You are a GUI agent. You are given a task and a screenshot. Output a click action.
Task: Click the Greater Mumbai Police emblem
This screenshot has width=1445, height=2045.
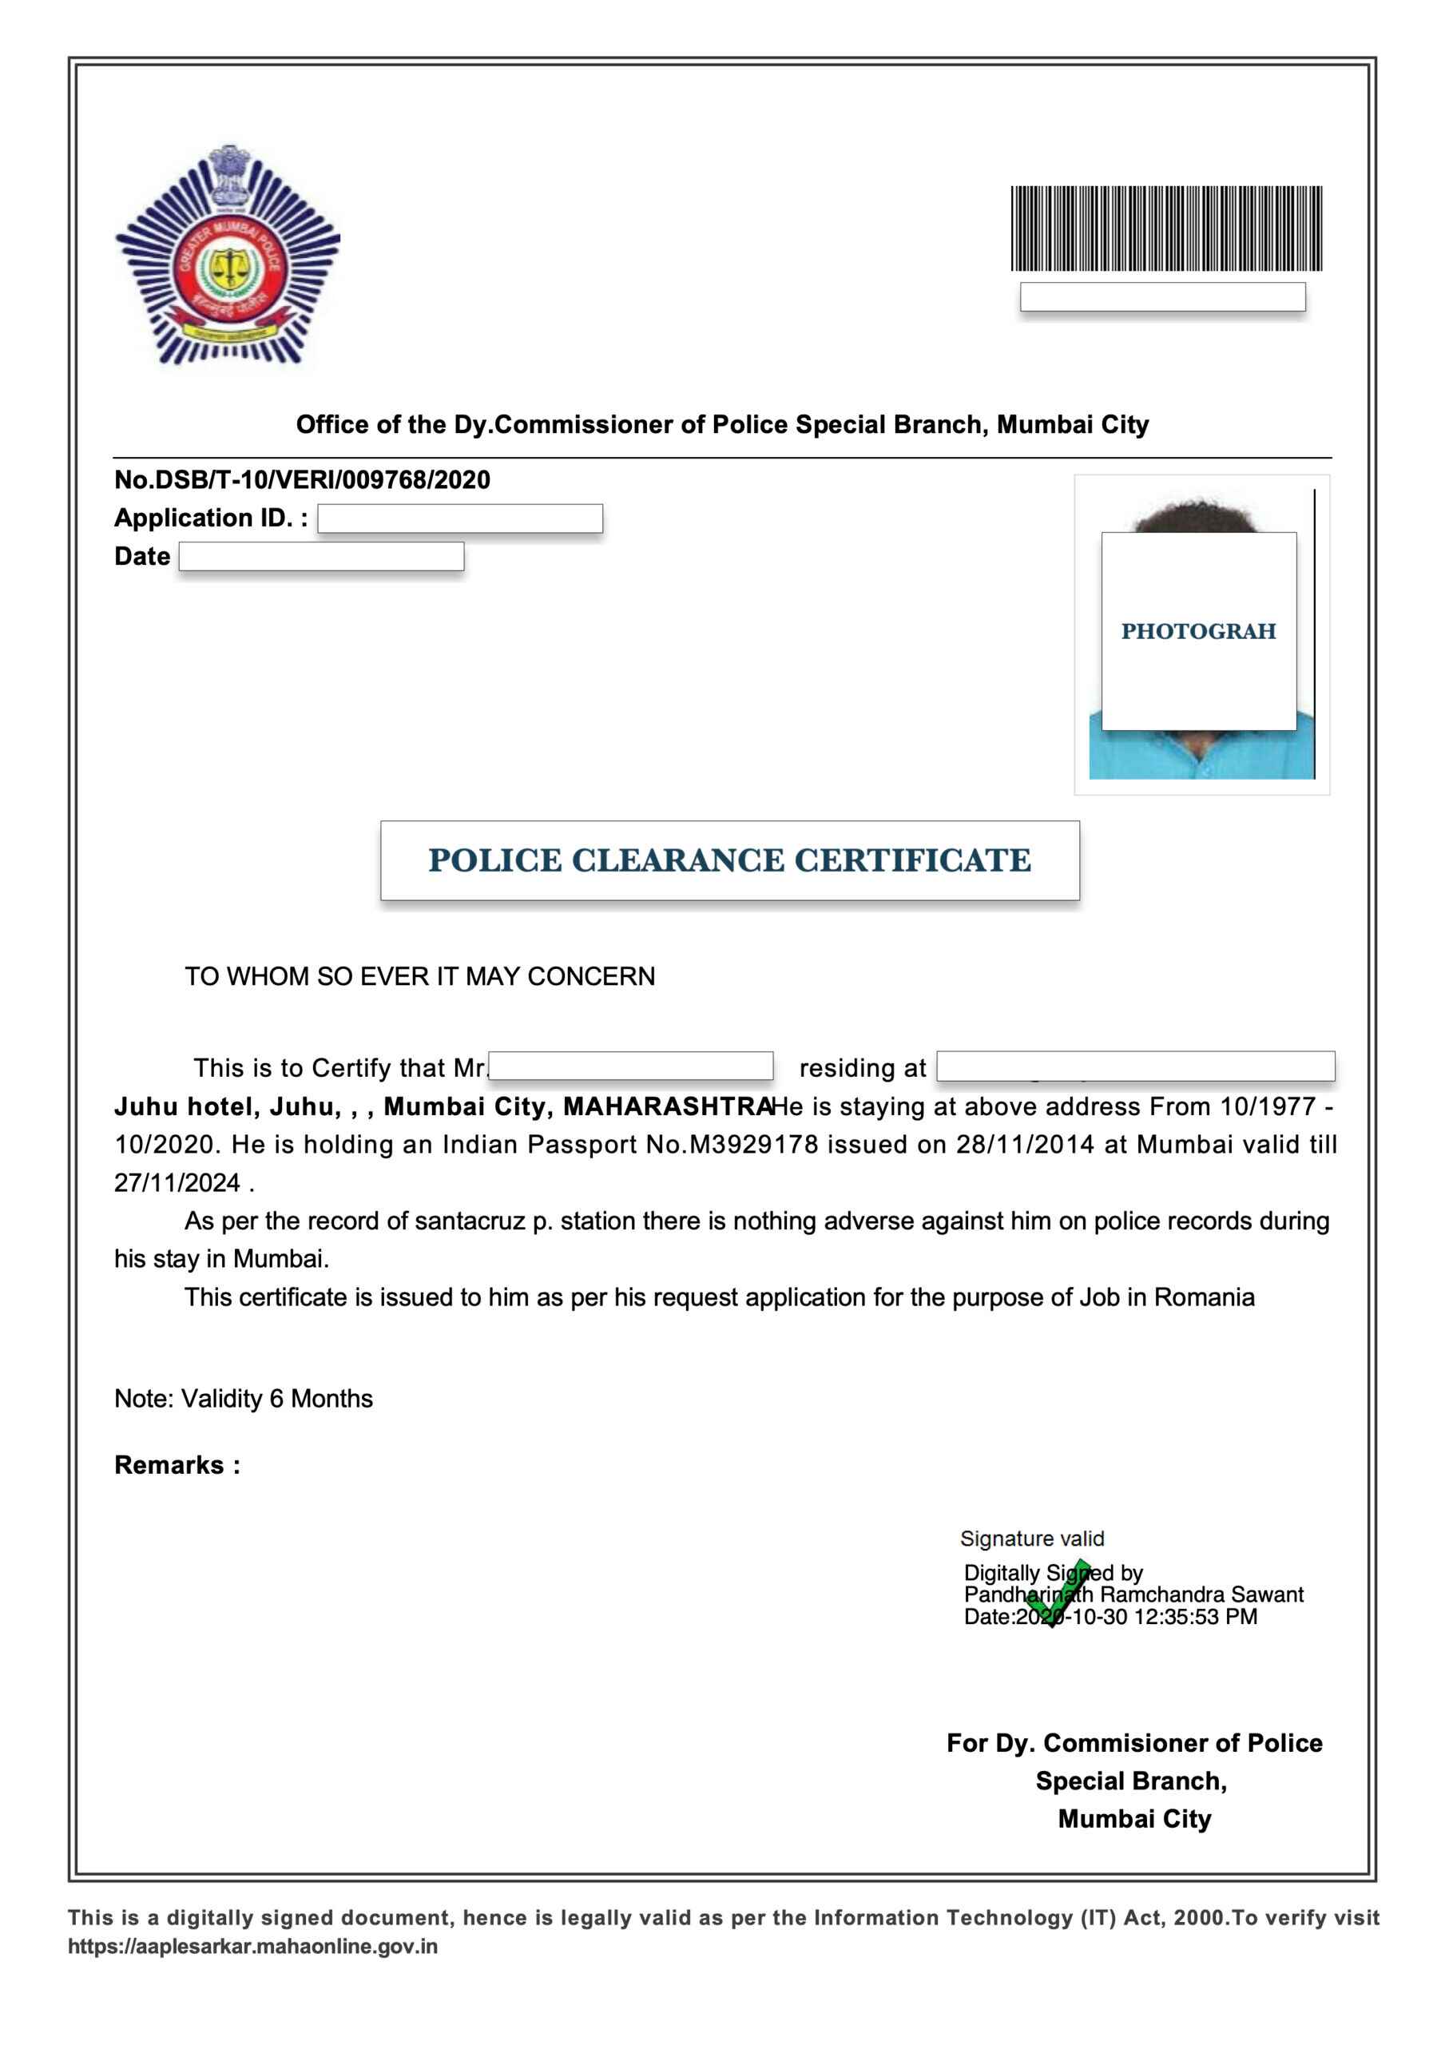227,256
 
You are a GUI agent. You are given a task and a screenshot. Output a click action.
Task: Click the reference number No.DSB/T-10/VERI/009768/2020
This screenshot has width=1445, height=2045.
302,480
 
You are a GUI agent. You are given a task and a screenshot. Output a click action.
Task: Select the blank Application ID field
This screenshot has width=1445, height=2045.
459,518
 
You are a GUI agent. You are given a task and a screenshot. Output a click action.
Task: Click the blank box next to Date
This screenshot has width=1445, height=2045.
321,557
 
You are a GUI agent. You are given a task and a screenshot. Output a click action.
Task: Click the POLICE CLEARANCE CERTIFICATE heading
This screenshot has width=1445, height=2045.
728,860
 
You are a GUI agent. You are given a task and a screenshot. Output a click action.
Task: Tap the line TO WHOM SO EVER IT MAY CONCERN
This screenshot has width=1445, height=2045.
419,976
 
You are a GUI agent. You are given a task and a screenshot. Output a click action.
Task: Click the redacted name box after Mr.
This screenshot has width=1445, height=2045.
631,1066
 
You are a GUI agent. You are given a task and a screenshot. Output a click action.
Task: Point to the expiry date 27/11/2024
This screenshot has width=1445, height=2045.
177,1183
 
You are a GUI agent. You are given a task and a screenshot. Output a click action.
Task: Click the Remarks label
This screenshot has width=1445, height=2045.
177,1465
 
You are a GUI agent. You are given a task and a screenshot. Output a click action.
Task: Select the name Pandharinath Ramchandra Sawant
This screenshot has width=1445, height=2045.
1133,1594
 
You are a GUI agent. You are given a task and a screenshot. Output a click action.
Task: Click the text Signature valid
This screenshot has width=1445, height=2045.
1032,1539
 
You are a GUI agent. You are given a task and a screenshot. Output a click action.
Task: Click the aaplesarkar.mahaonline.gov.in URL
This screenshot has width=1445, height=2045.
253,1946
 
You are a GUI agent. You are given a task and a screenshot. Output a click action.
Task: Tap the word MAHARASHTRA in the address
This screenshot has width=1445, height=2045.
666,1106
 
